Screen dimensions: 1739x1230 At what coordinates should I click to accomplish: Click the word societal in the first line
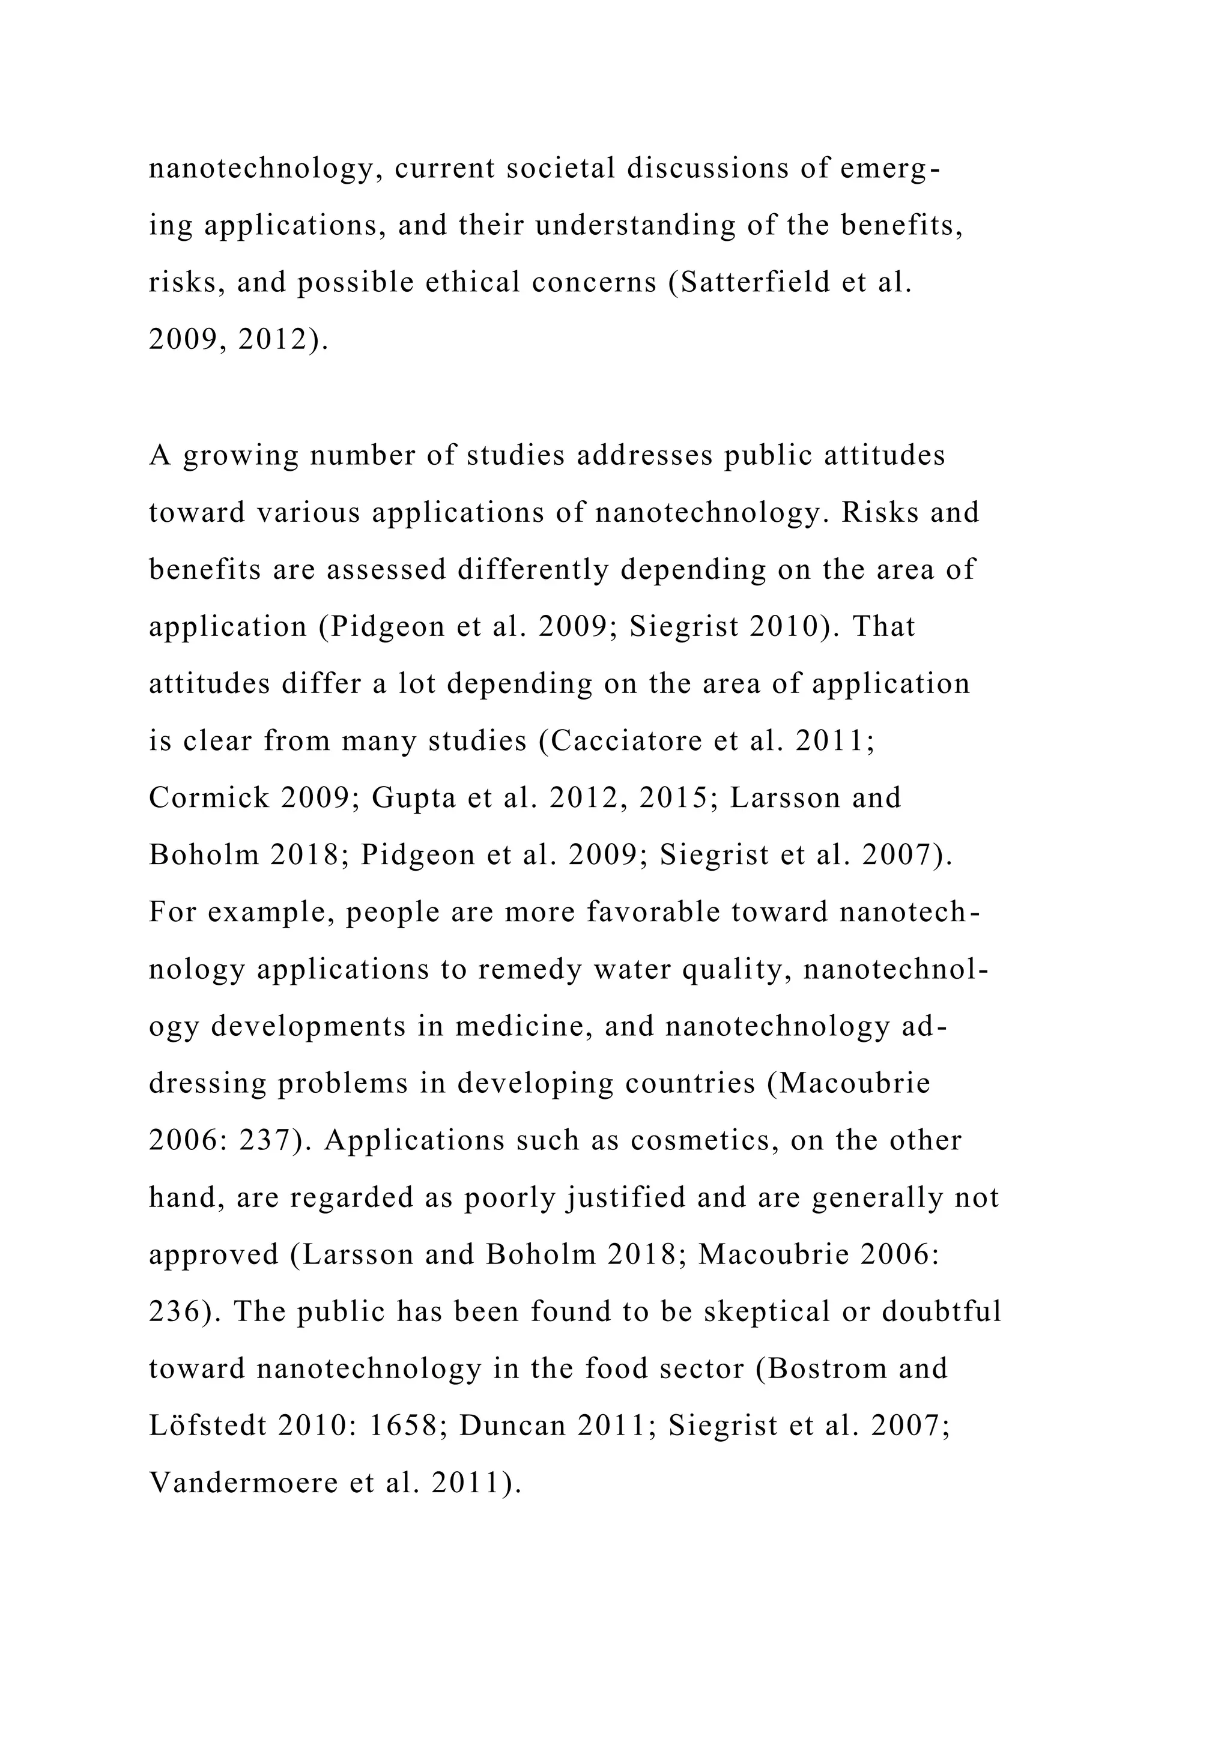[560, 168]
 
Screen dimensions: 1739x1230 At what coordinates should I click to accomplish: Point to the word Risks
[879, 513]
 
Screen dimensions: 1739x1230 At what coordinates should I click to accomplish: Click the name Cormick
[209, 798]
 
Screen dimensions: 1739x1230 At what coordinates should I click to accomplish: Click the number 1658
[403, 1426]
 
